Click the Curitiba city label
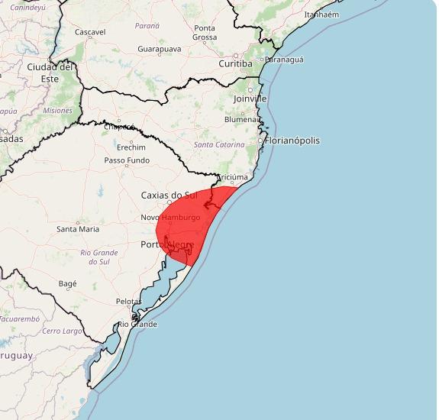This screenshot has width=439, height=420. pos(235,64)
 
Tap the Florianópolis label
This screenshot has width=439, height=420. pos(292,141)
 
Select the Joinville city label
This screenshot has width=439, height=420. pos(250,99)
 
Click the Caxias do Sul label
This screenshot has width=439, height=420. pos(169,195)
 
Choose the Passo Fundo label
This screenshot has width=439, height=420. pos(127,161)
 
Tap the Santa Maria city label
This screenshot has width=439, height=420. pos(78,229)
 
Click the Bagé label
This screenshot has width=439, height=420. pos(68,284)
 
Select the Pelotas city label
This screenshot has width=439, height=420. pos(128,302)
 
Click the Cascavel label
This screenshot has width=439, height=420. pos(90,33)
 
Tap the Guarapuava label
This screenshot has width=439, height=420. pos(160,49)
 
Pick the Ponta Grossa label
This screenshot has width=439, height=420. pos(205,33)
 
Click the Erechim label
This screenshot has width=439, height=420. pos(131,147)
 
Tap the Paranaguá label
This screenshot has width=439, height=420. pos(283,60)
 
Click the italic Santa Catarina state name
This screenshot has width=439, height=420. pos(219,144)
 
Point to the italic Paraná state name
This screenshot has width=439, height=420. pos(147,26)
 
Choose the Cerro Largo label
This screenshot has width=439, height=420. pos(62,331)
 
